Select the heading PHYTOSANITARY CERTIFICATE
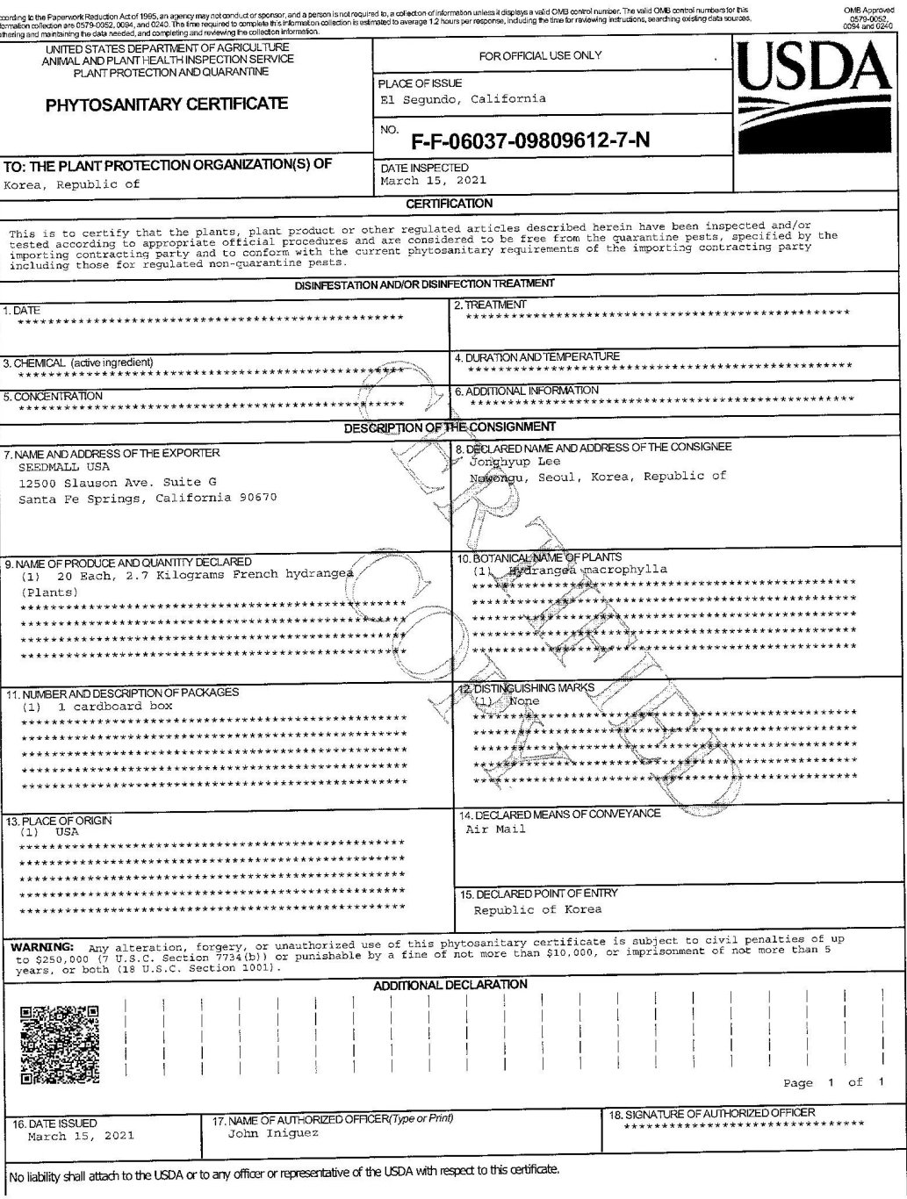167,104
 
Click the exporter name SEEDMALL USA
56,468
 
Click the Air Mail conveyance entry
495,829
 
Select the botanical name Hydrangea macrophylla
587,570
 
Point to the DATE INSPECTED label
425,168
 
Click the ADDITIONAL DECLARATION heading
450,985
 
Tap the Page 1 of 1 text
833,1082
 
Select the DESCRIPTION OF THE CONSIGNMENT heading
450,427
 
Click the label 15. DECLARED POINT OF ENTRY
539,894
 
